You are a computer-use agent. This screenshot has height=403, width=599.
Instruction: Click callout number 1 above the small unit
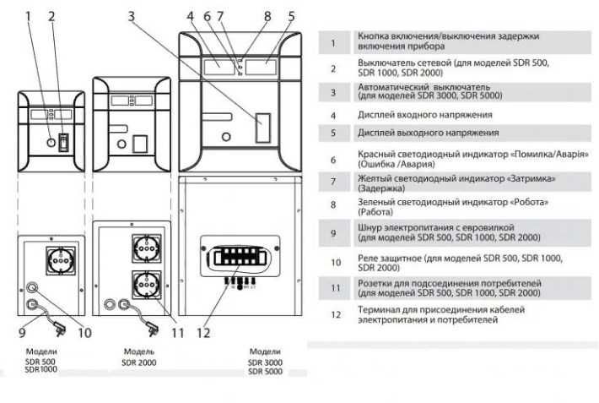29,16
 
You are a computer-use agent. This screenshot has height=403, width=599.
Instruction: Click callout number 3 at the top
132,16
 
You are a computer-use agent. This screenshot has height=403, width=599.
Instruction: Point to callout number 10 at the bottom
84,332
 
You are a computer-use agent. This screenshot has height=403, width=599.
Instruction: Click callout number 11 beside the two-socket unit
175,332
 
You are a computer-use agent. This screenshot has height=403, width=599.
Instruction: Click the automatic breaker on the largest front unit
262,129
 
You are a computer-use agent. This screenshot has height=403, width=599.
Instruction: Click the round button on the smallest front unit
51,144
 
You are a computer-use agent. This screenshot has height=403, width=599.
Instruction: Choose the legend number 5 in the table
333,133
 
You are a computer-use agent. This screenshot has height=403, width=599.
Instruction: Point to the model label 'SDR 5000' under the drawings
266,370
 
